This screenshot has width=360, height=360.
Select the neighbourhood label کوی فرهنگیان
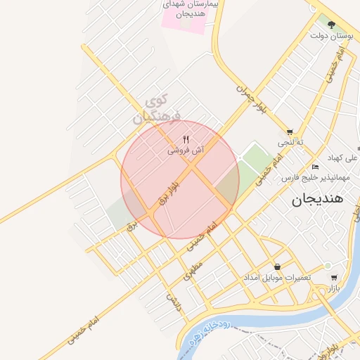(x=157, y=108)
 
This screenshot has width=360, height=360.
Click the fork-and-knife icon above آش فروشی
(x=186, y=139)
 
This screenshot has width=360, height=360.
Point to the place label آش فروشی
(x=186, y=150)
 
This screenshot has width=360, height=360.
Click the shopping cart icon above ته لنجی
(x=290, y=131)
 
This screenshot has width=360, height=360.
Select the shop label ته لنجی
(x=290, y=142)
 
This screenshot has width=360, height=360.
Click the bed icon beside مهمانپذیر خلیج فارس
(x=315, y=167)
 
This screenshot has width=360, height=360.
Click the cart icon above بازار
(x=333, y=277)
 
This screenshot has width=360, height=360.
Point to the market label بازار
(x=333, y=288)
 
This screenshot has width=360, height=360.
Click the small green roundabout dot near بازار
(x=328, y=265)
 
